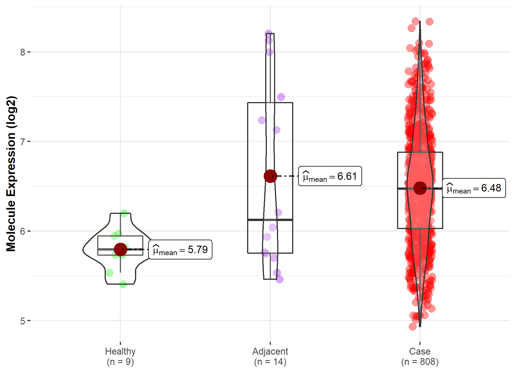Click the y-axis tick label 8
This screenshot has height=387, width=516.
coord(23,52)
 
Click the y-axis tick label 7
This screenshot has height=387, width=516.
coord(23,142)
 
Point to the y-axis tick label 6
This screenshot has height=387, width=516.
coord(23,231)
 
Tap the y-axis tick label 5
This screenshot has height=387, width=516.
coord(23,321)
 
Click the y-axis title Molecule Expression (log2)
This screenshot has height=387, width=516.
coord(11,174)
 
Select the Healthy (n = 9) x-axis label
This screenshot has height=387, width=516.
coord(120,356)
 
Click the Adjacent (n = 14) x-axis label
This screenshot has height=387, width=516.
coord(270,356)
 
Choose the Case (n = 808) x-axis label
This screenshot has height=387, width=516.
coord(420,356)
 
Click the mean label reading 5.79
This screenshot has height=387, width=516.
coord(180,250)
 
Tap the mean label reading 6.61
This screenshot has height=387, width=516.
coord(330,176)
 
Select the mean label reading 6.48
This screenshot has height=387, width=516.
coord(474,188)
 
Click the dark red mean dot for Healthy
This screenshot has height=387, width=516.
coord(120,249)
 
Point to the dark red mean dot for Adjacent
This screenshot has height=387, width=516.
coord(270,176)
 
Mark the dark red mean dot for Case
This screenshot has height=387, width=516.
coord(420,188)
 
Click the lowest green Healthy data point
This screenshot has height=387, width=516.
coord(123,284)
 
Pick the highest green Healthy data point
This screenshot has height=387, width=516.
coord(124,213)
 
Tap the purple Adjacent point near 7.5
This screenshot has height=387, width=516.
coord(281,97)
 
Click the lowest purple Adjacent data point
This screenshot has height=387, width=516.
coord(279,279)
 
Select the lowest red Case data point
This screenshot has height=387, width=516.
coord(413,327)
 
